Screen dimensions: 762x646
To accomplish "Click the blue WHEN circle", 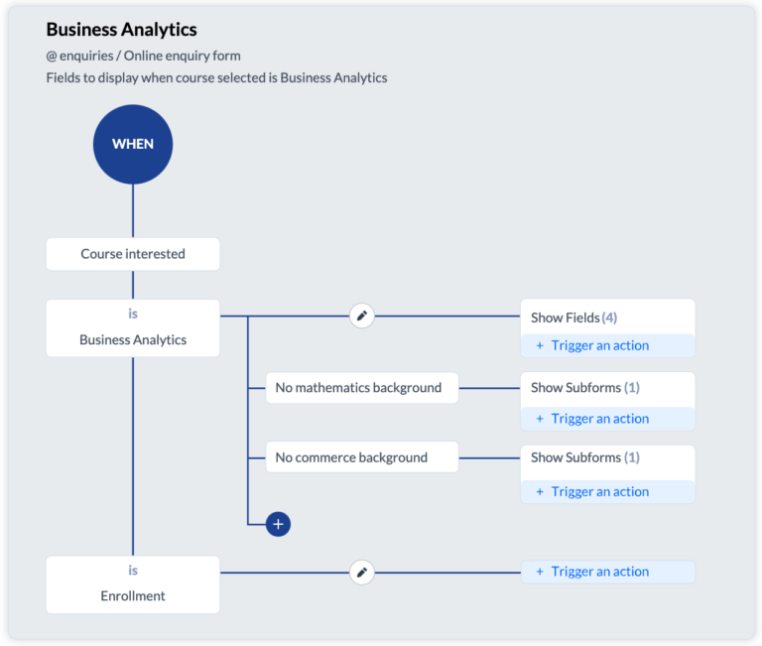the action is [133, 144].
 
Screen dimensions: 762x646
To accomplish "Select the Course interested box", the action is [133, 254].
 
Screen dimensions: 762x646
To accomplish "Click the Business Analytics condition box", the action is [133, 328].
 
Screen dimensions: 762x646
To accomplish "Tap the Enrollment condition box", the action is [133, 584].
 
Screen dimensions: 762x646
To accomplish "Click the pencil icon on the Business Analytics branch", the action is [362, 316].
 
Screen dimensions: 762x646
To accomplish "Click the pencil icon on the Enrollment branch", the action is [362, 573].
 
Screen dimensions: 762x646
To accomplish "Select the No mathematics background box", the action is [362, 388].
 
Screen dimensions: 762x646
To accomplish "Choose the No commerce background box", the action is [362, 457].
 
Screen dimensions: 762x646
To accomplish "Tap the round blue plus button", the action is [278, 524].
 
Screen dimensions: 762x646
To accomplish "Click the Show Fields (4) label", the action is [573, 318].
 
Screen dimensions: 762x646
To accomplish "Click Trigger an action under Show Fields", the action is [599, 345].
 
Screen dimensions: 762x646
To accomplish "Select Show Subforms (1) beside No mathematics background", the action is [585, 388].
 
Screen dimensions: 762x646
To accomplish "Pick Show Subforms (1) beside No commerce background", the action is [585, 457].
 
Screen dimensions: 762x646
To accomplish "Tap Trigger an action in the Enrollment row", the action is [599, 572].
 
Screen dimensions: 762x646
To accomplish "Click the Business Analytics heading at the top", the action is [121, 30].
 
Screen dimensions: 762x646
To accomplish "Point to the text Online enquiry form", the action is [183, 56].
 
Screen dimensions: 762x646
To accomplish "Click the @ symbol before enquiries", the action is [52, 57].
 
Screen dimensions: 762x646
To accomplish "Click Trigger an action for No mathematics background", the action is [599, 419].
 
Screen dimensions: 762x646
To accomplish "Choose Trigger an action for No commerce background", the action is [599, 492].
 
